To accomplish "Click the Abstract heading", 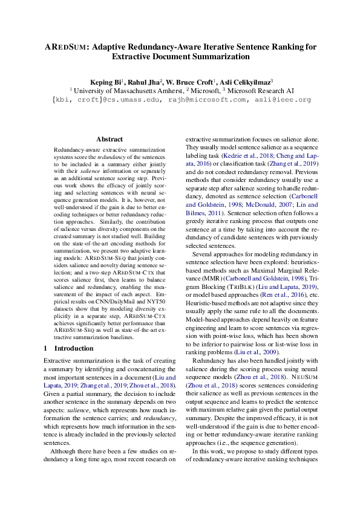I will [x=110, y=139].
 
